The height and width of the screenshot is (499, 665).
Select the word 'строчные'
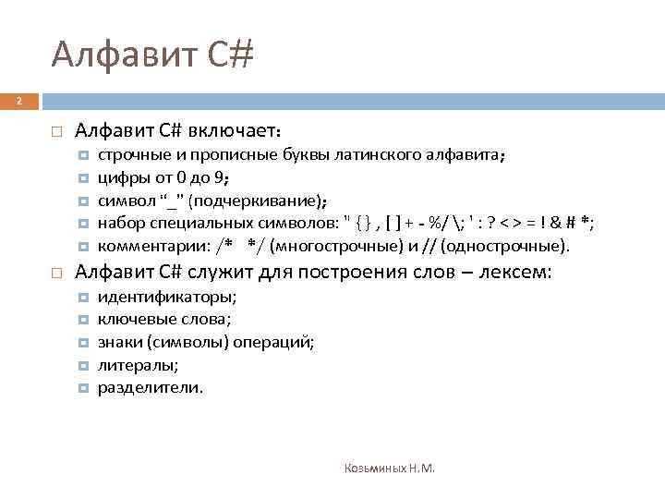[128, 156]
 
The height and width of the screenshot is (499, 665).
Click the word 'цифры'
[118, 178]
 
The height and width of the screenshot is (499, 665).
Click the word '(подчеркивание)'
[257, 201]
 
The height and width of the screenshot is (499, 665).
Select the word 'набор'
[117, 224]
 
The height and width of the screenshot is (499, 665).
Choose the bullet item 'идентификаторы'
[167, 297]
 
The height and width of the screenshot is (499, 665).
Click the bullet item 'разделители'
[150, 387]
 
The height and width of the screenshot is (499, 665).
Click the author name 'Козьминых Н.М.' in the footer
[389, 469]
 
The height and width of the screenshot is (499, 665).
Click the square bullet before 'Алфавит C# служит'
[56, 274]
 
